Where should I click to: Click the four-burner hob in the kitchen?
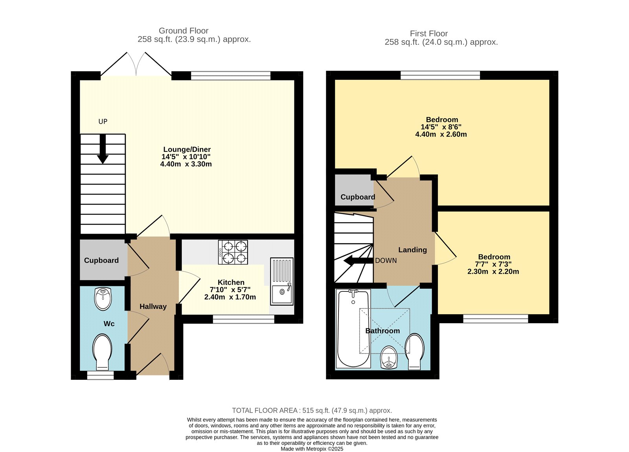point(233,252)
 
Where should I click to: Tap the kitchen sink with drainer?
point(281,281)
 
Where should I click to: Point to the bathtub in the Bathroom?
point(353,328)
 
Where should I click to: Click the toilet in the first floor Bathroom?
point(414,351)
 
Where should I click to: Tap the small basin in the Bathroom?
point(389,357)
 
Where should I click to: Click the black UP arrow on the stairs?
point(103,149)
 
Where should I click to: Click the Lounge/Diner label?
point(187,149)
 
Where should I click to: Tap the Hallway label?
point(153,306)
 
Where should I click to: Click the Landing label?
point(412,250)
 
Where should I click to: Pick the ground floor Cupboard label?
point(101,260)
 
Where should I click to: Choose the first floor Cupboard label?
point(357,197)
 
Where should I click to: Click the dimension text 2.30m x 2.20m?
point(493,271)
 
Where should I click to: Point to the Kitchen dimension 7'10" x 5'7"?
point(230,290)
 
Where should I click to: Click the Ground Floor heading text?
point(184,31)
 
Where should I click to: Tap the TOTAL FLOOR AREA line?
point(312,410)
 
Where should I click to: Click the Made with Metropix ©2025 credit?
point(312,449)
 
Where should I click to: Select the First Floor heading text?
point(429,33)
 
